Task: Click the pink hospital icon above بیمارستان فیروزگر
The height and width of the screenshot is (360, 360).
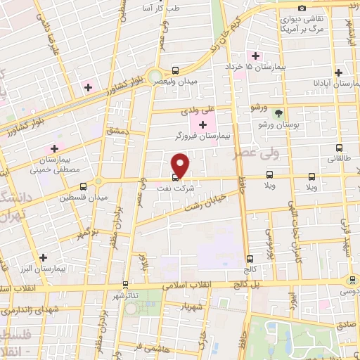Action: pyautogui.click(x=204, y=124)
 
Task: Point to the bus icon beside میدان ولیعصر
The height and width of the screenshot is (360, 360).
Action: pyautogui.click(x=174, y=70)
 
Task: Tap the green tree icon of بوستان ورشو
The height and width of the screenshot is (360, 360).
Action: pyautogui.click(x=279, y=112)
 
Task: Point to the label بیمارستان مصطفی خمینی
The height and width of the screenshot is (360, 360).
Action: pyautogui.click(x=59, y=165)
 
